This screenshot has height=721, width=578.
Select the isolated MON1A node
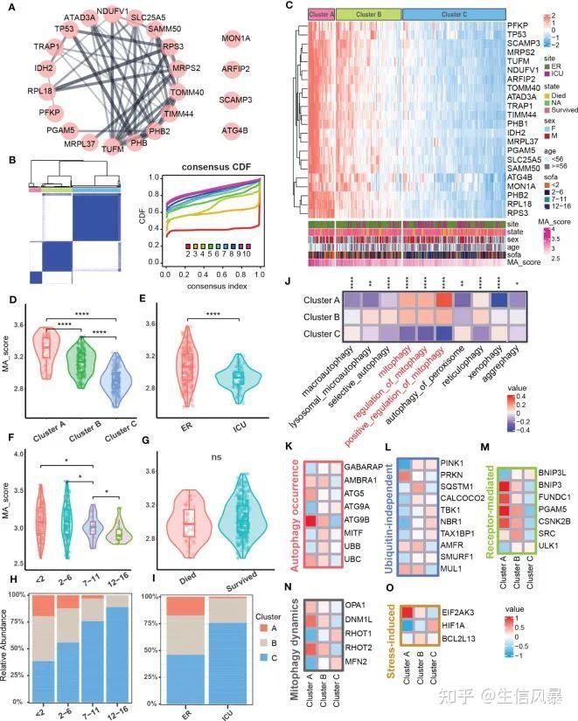pos(237,39)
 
